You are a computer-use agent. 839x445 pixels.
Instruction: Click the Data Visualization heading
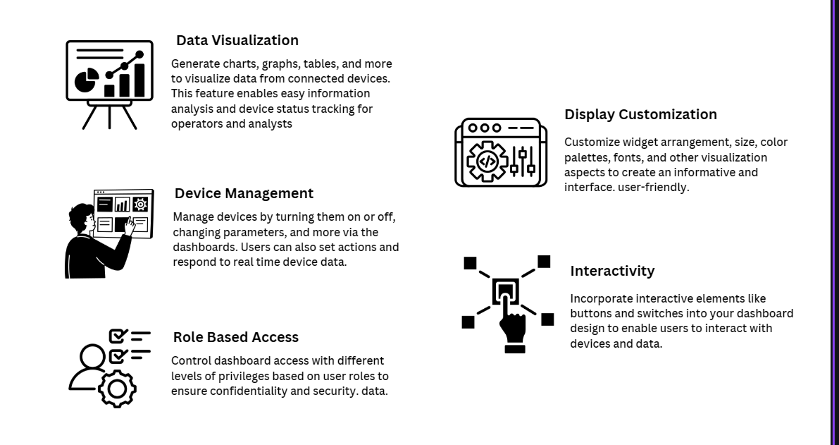pyautogui.click(x=237, y=40)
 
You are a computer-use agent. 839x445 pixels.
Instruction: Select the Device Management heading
pyautogui.click(x=244, y=193)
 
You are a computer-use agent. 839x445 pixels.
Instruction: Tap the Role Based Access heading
pyautogui.click(x=235, y=337)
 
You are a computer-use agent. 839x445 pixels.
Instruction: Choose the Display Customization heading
pyautogui.click(x=640, y=114)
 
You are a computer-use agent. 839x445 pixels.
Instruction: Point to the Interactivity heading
pyautogui.click(x=612, y=271)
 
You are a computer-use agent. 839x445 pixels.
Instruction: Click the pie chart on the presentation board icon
pyautogui.click(x=87, y=79)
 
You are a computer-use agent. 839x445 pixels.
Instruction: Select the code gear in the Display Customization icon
pyautogui.click(x=487, y=161)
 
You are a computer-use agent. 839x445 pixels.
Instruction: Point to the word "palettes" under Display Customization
pyautogui.click(x=585, y=157)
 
